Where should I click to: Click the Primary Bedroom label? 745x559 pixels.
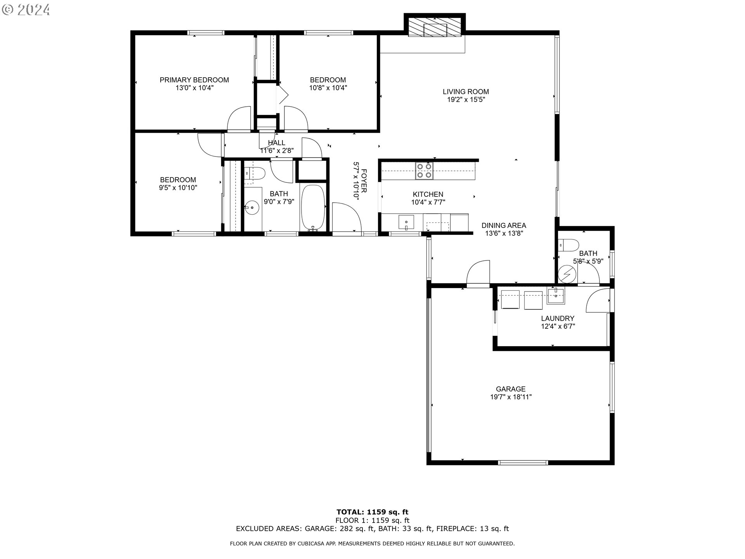pyautogui.click(x=194, y=80)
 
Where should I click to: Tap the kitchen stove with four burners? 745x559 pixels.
pyautogui.click(x=424, y=171)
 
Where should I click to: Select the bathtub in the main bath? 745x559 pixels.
pyautogui.click(x=313, y=208)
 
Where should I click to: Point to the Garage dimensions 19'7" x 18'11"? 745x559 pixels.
pyautogui.click(x=511, y=397)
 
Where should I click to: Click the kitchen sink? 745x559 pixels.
pyautogui.click(x=406, y=222)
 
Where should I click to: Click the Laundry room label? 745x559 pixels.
pyautogui.click(x=558, y=318)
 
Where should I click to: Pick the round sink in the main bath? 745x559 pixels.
pyautogui.click(x=252, y=208)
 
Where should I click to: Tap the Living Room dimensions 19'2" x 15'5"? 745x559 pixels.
pyautogui.click(x=466, y=100)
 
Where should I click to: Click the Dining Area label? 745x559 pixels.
pyautogui.click(x=504, y=226)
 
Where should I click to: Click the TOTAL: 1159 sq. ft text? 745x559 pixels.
pyautogui.click(x=372, y=512)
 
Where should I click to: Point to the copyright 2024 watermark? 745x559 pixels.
pyautogui.click(x=26, y=9)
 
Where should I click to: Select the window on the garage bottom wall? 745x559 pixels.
pyautogui.click(x=523, y=463)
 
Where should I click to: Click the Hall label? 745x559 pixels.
pyautogui.click(x=276, y=143)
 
